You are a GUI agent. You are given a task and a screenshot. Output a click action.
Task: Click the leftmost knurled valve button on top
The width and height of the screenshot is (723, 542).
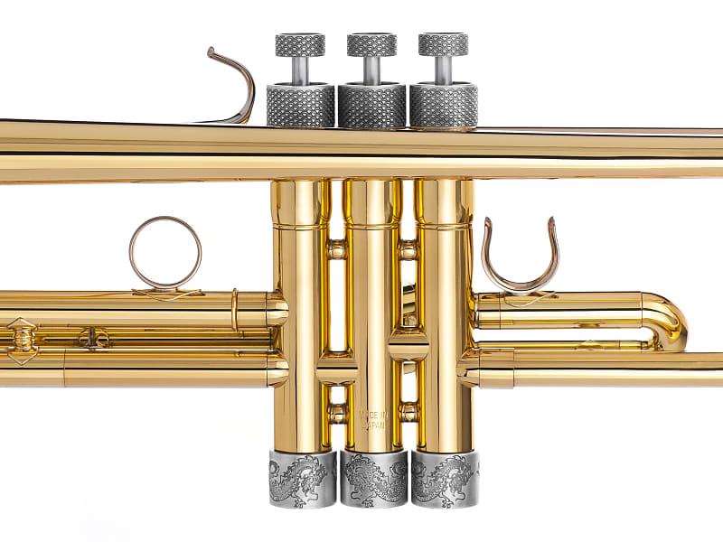pyautogui.click(x=300, y=44)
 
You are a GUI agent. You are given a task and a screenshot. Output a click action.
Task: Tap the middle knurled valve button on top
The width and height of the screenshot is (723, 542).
pyautogui.click(x=371, y=44)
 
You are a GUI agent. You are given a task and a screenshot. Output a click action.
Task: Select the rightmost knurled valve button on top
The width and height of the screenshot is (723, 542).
pyautogui.click(x=443, y=44)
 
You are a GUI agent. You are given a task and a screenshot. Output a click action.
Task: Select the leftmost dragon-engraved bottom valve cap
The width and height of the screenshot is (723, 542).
pyautogui.click(x=302, y=479)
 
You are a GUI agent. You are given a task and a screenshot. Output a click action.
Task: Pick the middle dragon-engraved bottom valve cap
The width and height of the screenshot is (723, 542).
pyautogui.click(x=373, y=479)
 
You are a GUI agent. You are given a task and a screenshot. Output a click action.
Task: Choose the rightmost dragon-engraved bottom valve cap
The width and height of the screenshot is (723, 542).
pyautogui.click(x=445, y=479)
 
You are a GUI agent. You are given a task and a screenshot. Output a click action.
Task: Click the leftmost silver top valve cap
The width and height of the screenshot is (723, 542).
pyautogui.click(x=300, y=106)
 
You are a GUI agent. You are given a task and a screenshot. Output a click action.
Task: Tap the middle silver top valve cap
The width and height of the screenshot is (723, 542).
pyautogui.click(x=371, y=106)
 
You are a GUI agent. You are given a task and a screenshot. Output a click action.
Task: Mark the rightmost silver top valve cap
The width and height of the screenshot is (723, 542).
pyautogui.click(x=443, y=106)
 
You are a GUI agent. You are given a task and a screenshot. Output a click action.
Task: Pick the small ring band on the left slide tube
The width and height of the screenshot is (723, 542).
pyautogui.click(x=234, y=310)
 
